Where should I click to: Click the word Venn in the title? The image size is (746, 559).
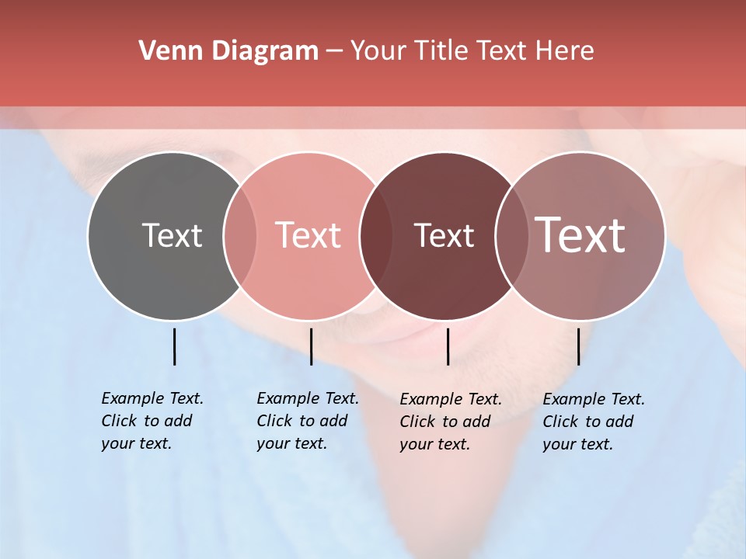(167, 51)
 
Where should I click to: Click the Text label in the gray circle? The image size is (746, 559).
(172, 235)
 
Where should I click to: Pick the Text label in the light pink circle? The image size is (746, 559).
(309, 235)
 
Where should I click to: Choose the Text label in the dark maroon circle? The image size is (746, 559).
(444, 235)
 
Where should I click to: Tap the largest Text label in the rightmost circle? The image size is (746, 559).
(580, 235)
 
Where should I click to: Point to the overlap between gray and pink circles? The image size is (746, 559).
(240, 235)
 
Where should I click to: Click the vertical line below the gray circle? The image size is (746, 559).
(174, 346)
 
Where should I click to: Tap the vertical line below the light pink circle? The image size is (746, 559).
(311, 346)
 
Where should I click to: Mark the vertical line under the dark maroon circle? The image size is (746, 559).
(448, 346)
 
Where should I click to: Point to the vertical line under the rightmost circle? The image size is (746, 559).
(578, 346)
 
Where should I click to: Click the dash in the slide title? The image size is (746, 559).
(334, 52)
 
